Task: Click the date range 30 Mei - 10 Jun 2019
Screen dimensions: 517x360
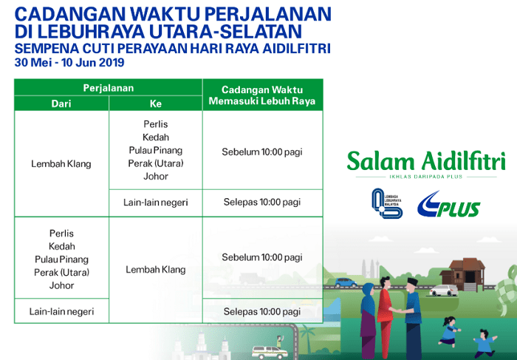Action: tap(69, 62)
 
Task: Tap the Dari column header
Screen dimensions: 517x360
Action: tap(61, 103)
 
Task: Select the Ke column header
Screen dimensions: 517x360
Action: tap(156, 103)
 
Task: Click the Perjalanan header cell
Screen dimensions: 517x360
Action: tap(108, 88)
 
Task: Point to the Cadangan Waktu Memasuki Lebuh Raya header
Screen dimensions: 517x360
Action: tap(262, 95)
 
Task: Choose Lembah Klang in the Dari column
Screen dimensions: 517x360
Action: tap(61, 163)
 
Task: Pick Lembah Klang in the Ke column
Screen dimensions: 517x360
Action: tap(156, 270)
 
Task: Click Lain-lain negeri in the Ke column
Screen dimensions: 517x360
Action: tap(156, 203)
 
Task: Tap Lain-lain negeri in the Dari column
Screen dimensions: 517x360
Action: tap(61, 311)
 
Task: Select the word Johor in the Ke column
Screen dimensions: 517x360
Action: tap(156, 176)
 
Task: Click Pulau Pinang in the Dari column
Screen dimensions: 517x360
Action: tap(61, 259)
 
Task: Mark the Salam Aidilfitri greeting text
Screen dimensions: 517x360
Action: tap(426, 160)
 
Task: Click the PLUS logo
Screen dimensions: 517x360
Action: tap(448, 205)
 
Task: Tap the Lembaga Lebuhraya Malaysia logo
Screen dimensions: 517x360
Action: tap(387, 203)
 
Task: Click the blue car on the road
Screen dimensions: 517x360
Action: tap(346, 282)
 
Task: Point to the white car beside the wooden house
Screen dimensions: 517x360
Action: tap(444, 291)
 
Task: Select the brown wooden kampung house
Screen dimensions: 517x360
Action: tap(463, 274)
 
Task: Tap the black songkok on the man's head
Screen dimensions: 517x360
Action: tap(412, 282)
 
